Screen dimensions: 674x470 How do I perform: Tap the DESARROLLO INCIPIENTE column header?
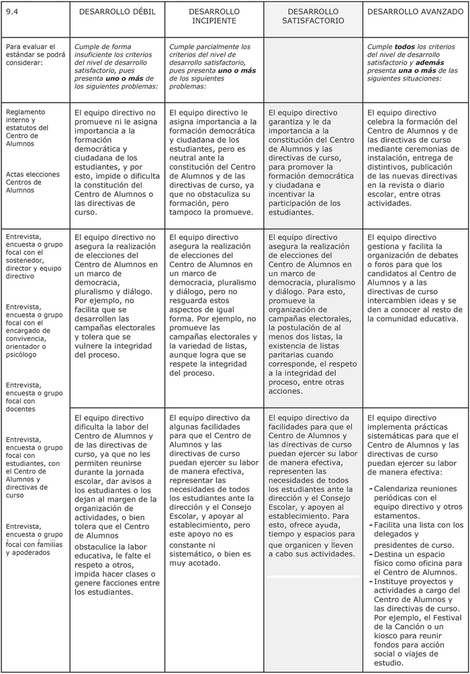[214, 16]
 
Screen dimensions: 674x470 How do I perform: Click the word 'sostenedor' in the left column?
[23, 260]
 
